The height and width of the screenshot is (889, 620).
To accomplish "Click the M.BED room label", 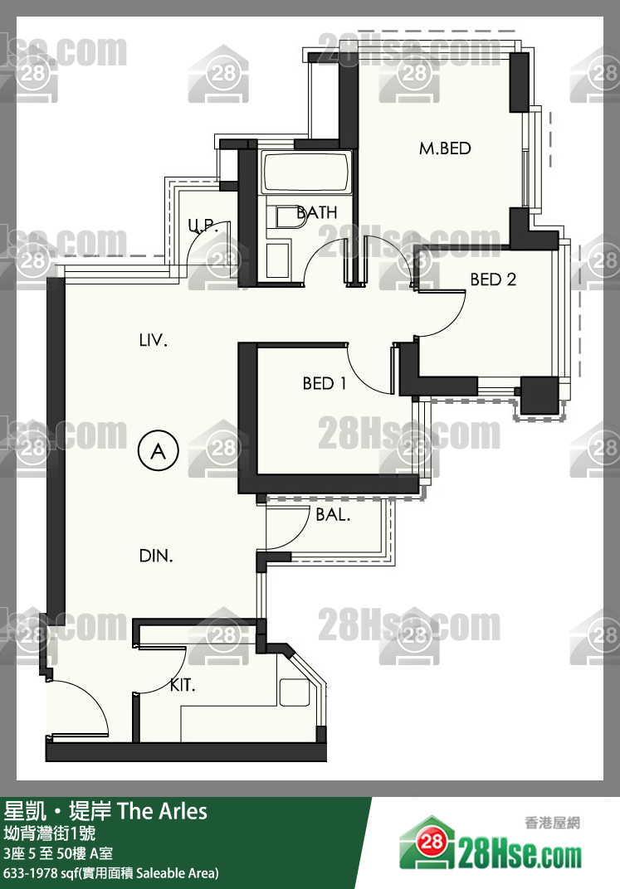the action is pos(446,148).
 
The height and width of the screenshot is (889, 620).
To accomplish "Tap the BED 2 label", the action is pos(493,279).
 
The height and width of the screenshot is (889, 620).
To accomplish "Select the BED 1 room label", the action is pos(325,384).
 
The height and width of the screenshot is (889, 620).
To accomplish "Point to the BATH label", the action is pos(317,212).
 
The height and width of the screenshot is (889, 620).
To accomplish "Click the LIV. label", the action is pos(154,340).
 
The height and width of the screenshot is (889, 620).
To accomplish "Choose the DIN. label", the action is pos(156,556).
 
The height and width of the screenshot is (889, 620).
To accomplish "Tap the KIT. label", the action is pos(183,686).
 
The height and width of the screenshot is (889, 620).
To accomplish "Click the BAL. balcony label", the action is pos(333,515).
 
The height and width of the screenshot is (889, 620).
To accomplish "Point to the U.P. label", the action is pos(203,226).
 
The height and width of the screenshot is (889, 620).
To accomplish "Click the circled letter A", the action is pos(159,451).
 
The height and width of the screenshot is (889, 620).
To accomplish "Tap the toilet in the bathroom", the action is pos(290,218).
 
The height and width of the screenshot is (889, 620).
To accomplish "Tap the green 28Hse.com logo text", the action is pos(520,855).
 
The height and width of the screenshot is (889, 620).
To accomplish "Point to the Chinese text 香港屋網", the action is pos(553,823).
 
